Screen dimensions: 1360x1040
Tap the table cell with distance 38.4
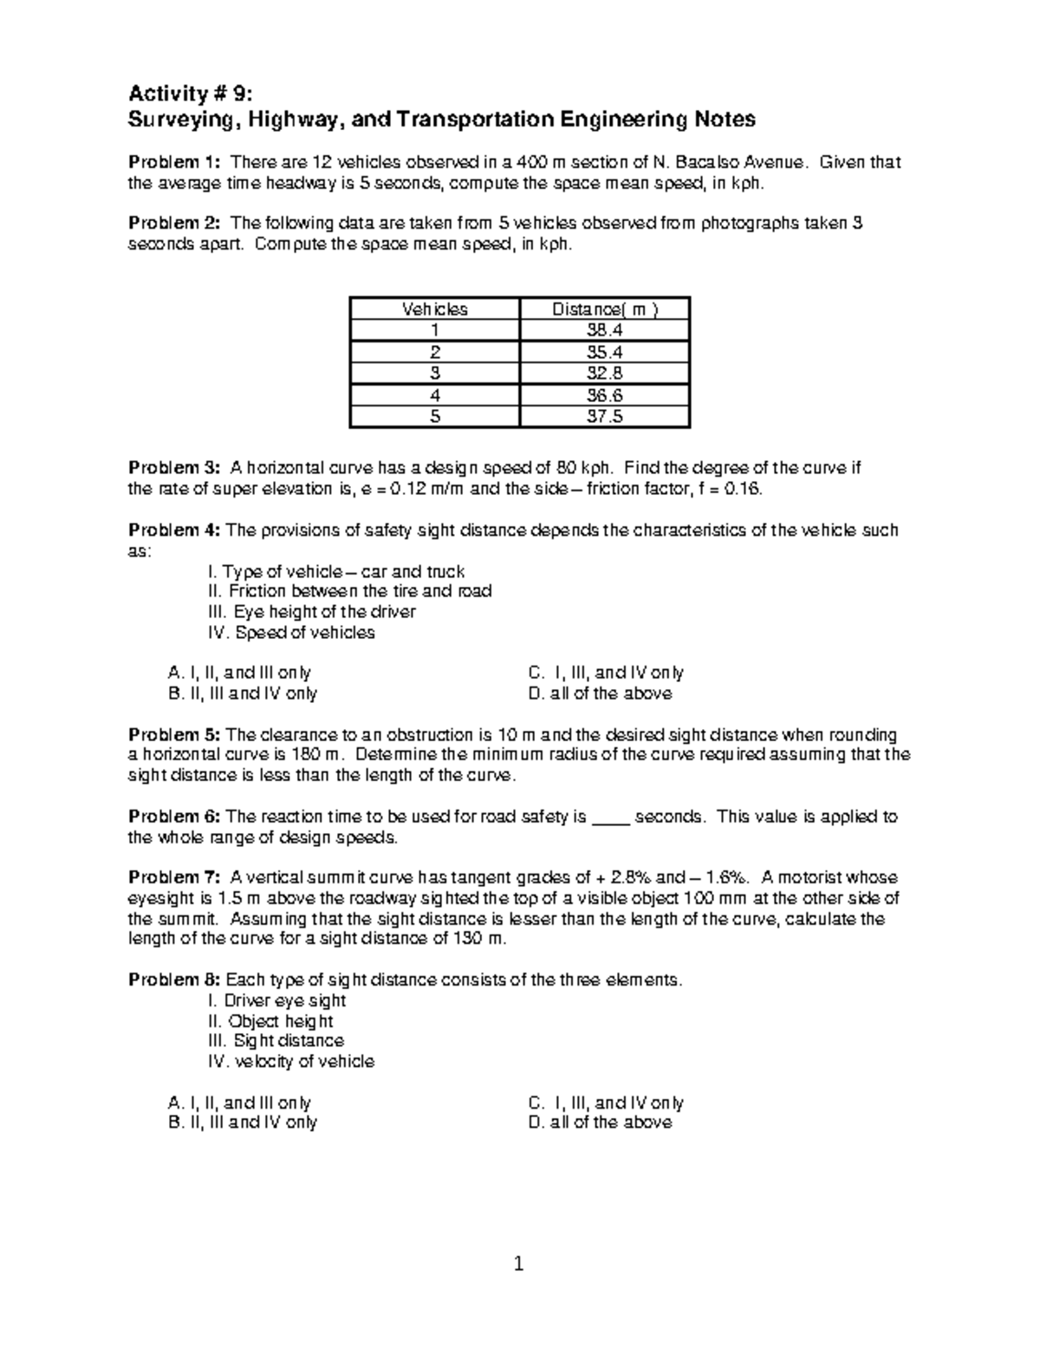coord(604,330)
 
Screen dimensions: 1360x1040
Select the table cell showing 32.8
coord(604,374)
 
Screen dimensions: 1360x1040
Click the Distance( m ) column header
coord(604,309)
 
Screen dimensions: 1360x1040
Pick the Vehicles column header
coord(434,309)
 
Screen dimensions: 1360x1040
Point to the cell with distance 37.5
coord(604,416)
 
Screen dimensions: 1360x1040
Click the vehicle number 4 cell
coord(434,395)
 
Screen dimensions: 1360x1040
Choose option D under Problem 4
coord(599,693)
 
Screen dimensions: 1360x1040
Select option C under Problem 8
coord(605,1103)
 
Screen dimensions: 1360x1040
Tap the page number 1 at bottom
coord(519,1265)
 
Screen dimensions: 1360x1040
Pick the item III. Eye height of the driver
coord(311,612)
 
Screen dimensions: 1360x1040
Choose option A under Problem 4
coord(238,673)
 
